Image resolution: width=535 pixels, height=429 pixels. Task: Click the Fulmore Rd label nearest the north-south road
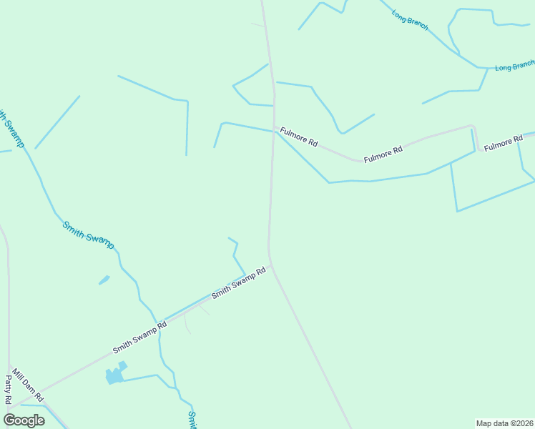pyautogui.click(x=299, y=137)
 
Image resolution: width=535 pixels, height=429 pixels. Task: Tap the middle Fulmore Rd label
pyautogui.click(x=383, y=154)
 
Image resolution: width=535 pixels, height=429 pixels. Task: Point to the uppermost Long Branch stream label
pyautogui.click(x=410, y=19)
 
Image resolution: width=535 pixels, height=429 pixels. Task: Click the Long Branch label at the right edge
pyautogui.click(x=514, y=66)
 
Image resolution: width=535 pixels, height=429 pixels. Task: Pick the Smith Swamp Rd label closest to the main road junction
pyautogui.click(x=238, y=283)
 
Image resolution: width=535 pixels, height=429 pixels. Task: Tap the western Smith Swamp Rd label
pyautogui.click(x=139, y=337)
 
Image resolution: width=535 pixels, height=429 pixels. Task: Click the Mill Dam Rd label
pyautogui.click(x=28, y=386)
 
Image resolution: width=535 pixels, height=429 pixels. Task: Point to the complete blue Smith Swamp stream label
pyautogui.click(x=88, y=235)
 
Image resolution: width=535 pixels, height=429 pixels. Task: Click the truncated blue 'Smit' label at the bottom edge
pyautogui.click(x=192, y=420)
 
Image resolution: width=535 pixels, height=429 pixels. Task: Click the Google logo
pyautogui.click(x=24, y=420)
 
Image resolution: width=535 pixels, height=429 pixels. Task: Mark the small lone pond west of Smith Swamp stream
pyautogui.click(x=104, y=280)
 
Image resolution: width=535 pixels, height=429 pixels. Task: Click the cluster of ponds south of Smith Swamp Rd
pyautogui.click(x=114, y=374)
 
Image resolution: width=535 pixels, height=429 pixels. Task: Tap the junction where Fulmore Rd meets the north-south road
pyautogui.click(x=274, y=128)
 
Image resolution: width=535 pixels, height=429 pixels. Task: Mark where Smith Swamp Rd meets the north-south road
pyautogui.click(x=270, y=265)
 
